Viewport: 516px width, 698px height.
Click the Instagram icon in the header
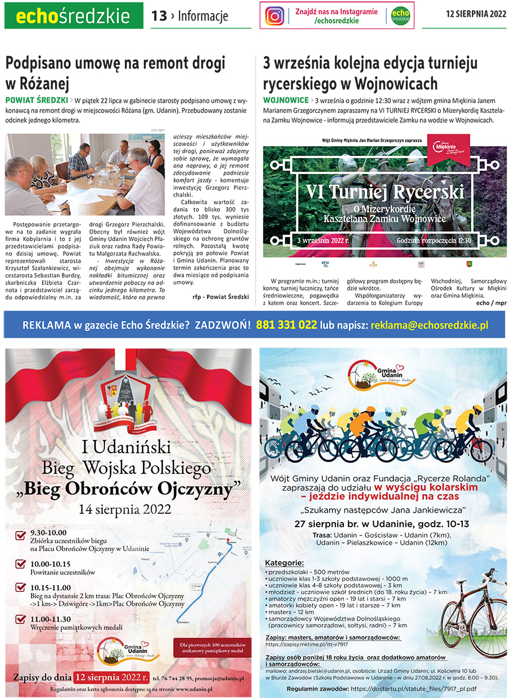(x=275, y=16)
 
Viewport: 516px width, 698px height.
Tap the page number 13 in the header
(x=159, y=16)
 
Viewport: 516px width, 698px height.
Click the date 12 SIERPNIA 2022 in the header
(x=475, y=15)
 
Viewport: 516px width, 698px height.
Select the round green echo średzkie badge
(x=400, y=16)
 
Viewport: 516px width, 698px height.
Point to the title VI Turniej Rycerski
(x=385, y=191)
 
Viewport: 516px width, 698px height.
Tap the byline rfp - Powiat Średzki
(x=221, y=297)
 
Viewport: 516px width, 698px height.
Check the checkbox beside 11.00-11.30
(x=20, y=619)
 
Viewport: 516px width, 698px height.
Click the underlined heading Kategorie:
(x=284, y=563)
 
